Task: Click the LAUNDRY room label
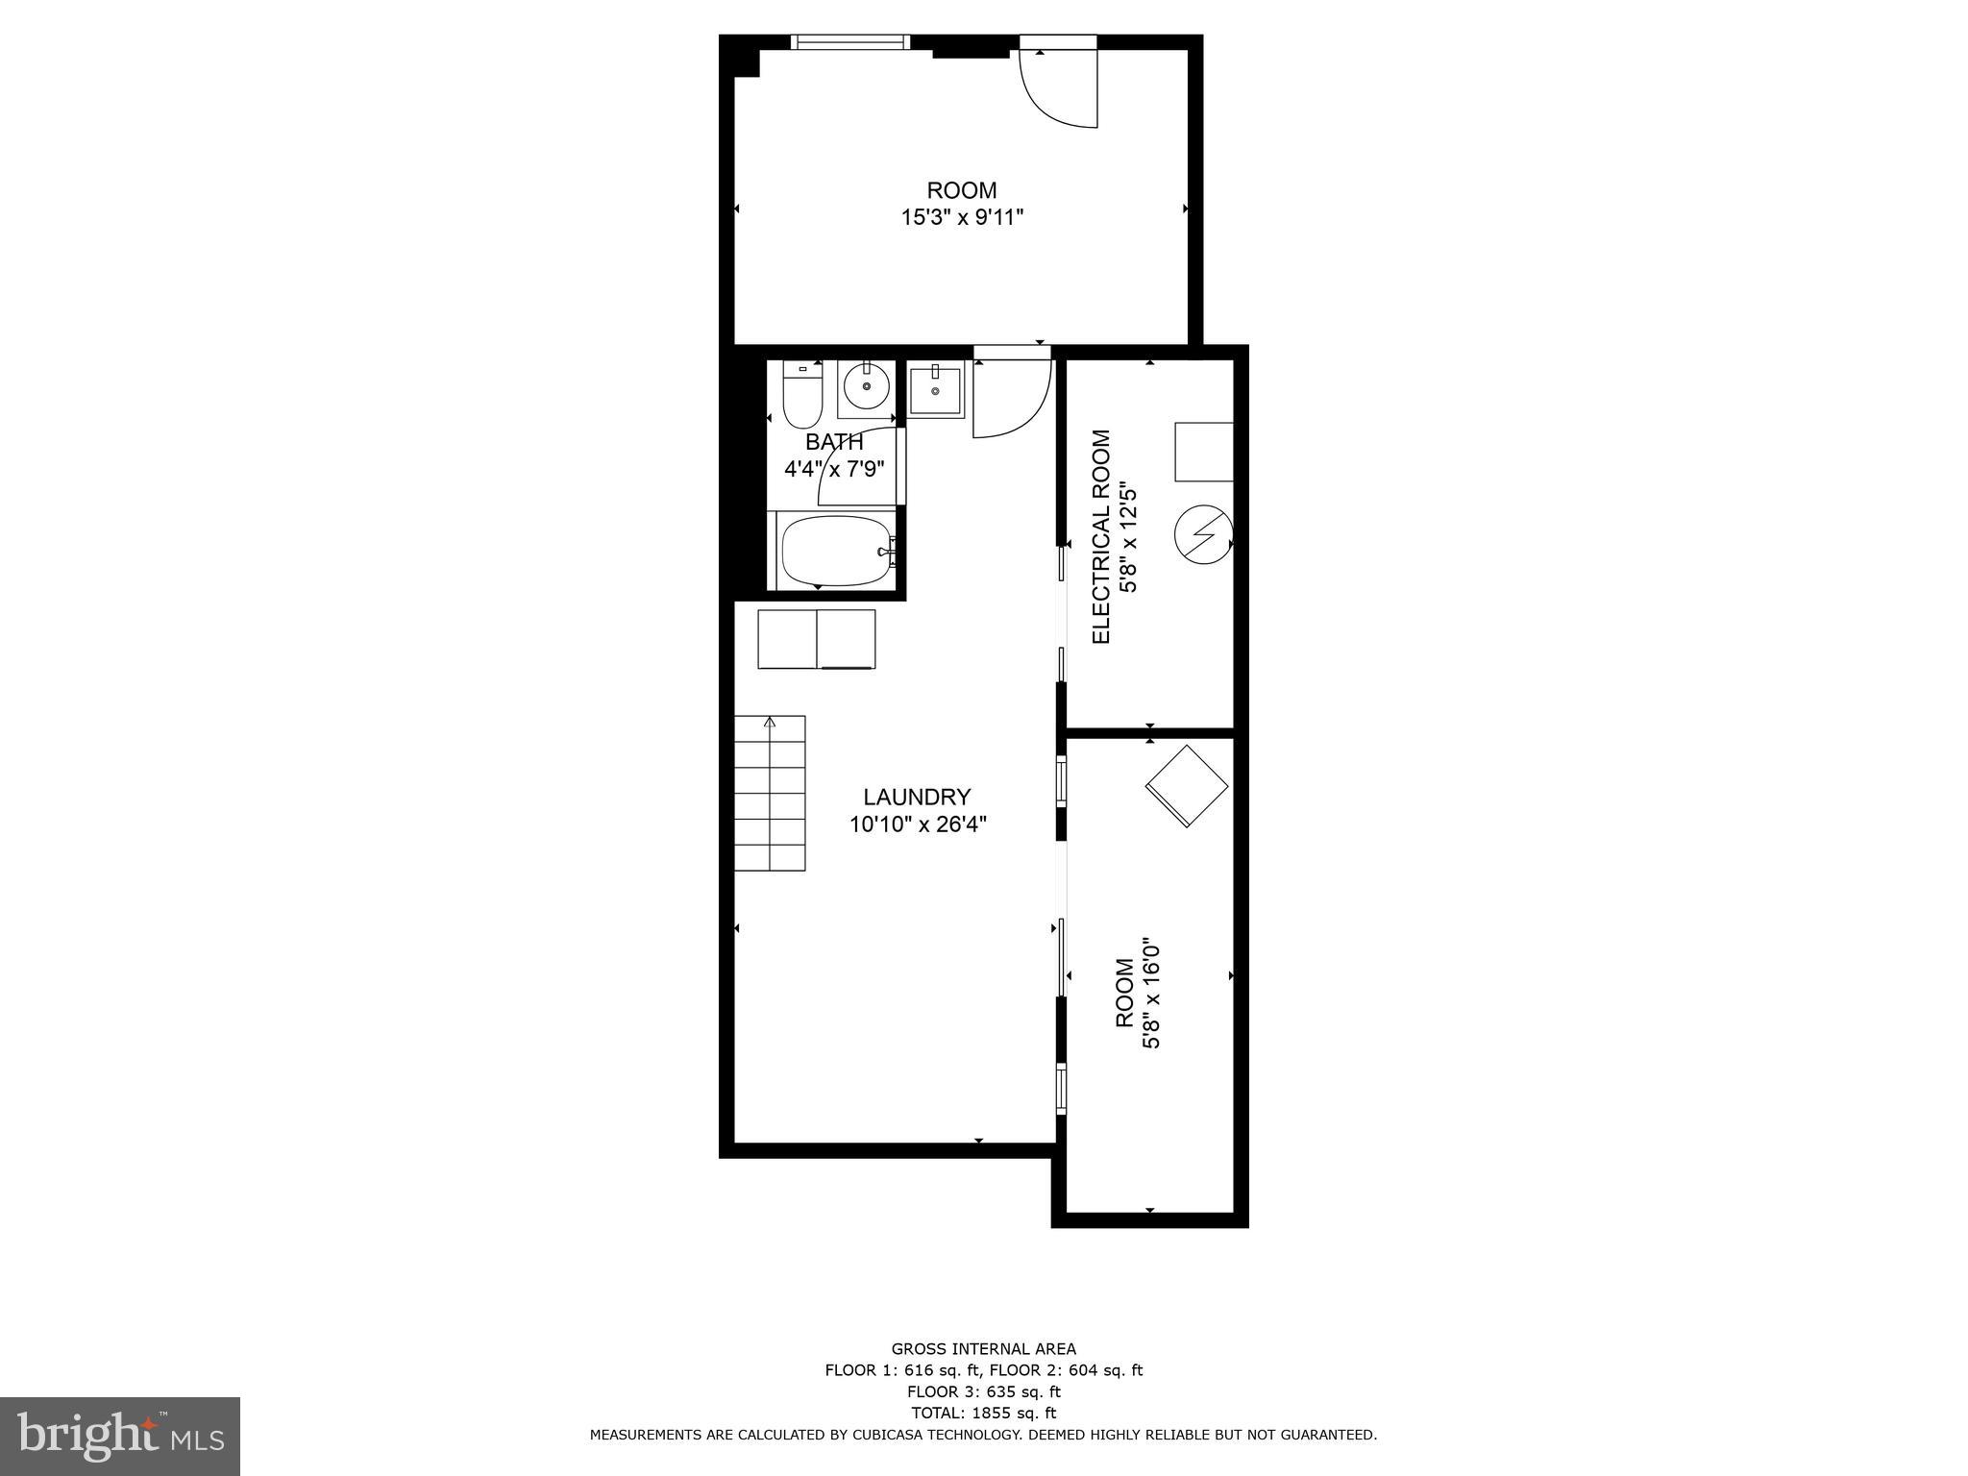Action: [x=916, y=797]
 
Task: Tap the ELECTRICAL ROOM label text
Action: [x=1101, y=537]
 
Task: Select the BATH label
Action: [x=834, y=442]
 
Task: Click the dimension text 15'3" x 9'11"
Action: [x=961, y=217]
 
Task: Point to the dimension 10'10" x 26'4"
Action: [x=918, y=824]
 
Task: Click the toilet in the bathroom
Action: [x=800, y=398]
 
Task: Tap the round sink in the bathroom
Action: [x=867, y=387]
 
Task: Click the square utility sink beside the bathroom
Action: [x=935, y=391]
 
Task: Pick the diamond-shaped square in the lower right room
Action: [x=1187, y=786]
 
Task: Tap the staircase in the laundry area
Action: [x=770, y=794]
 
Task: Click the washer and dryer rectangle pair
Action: [x=816, y=639]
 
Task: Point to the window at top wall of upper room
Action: [x=849, y=41]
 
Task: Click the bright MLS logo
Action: [x=120, y=1436]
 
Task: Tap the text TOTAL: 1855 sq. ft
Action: [x=983, y=1413]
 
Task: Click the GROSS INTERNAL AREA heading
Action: [x=983, y=1349]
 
